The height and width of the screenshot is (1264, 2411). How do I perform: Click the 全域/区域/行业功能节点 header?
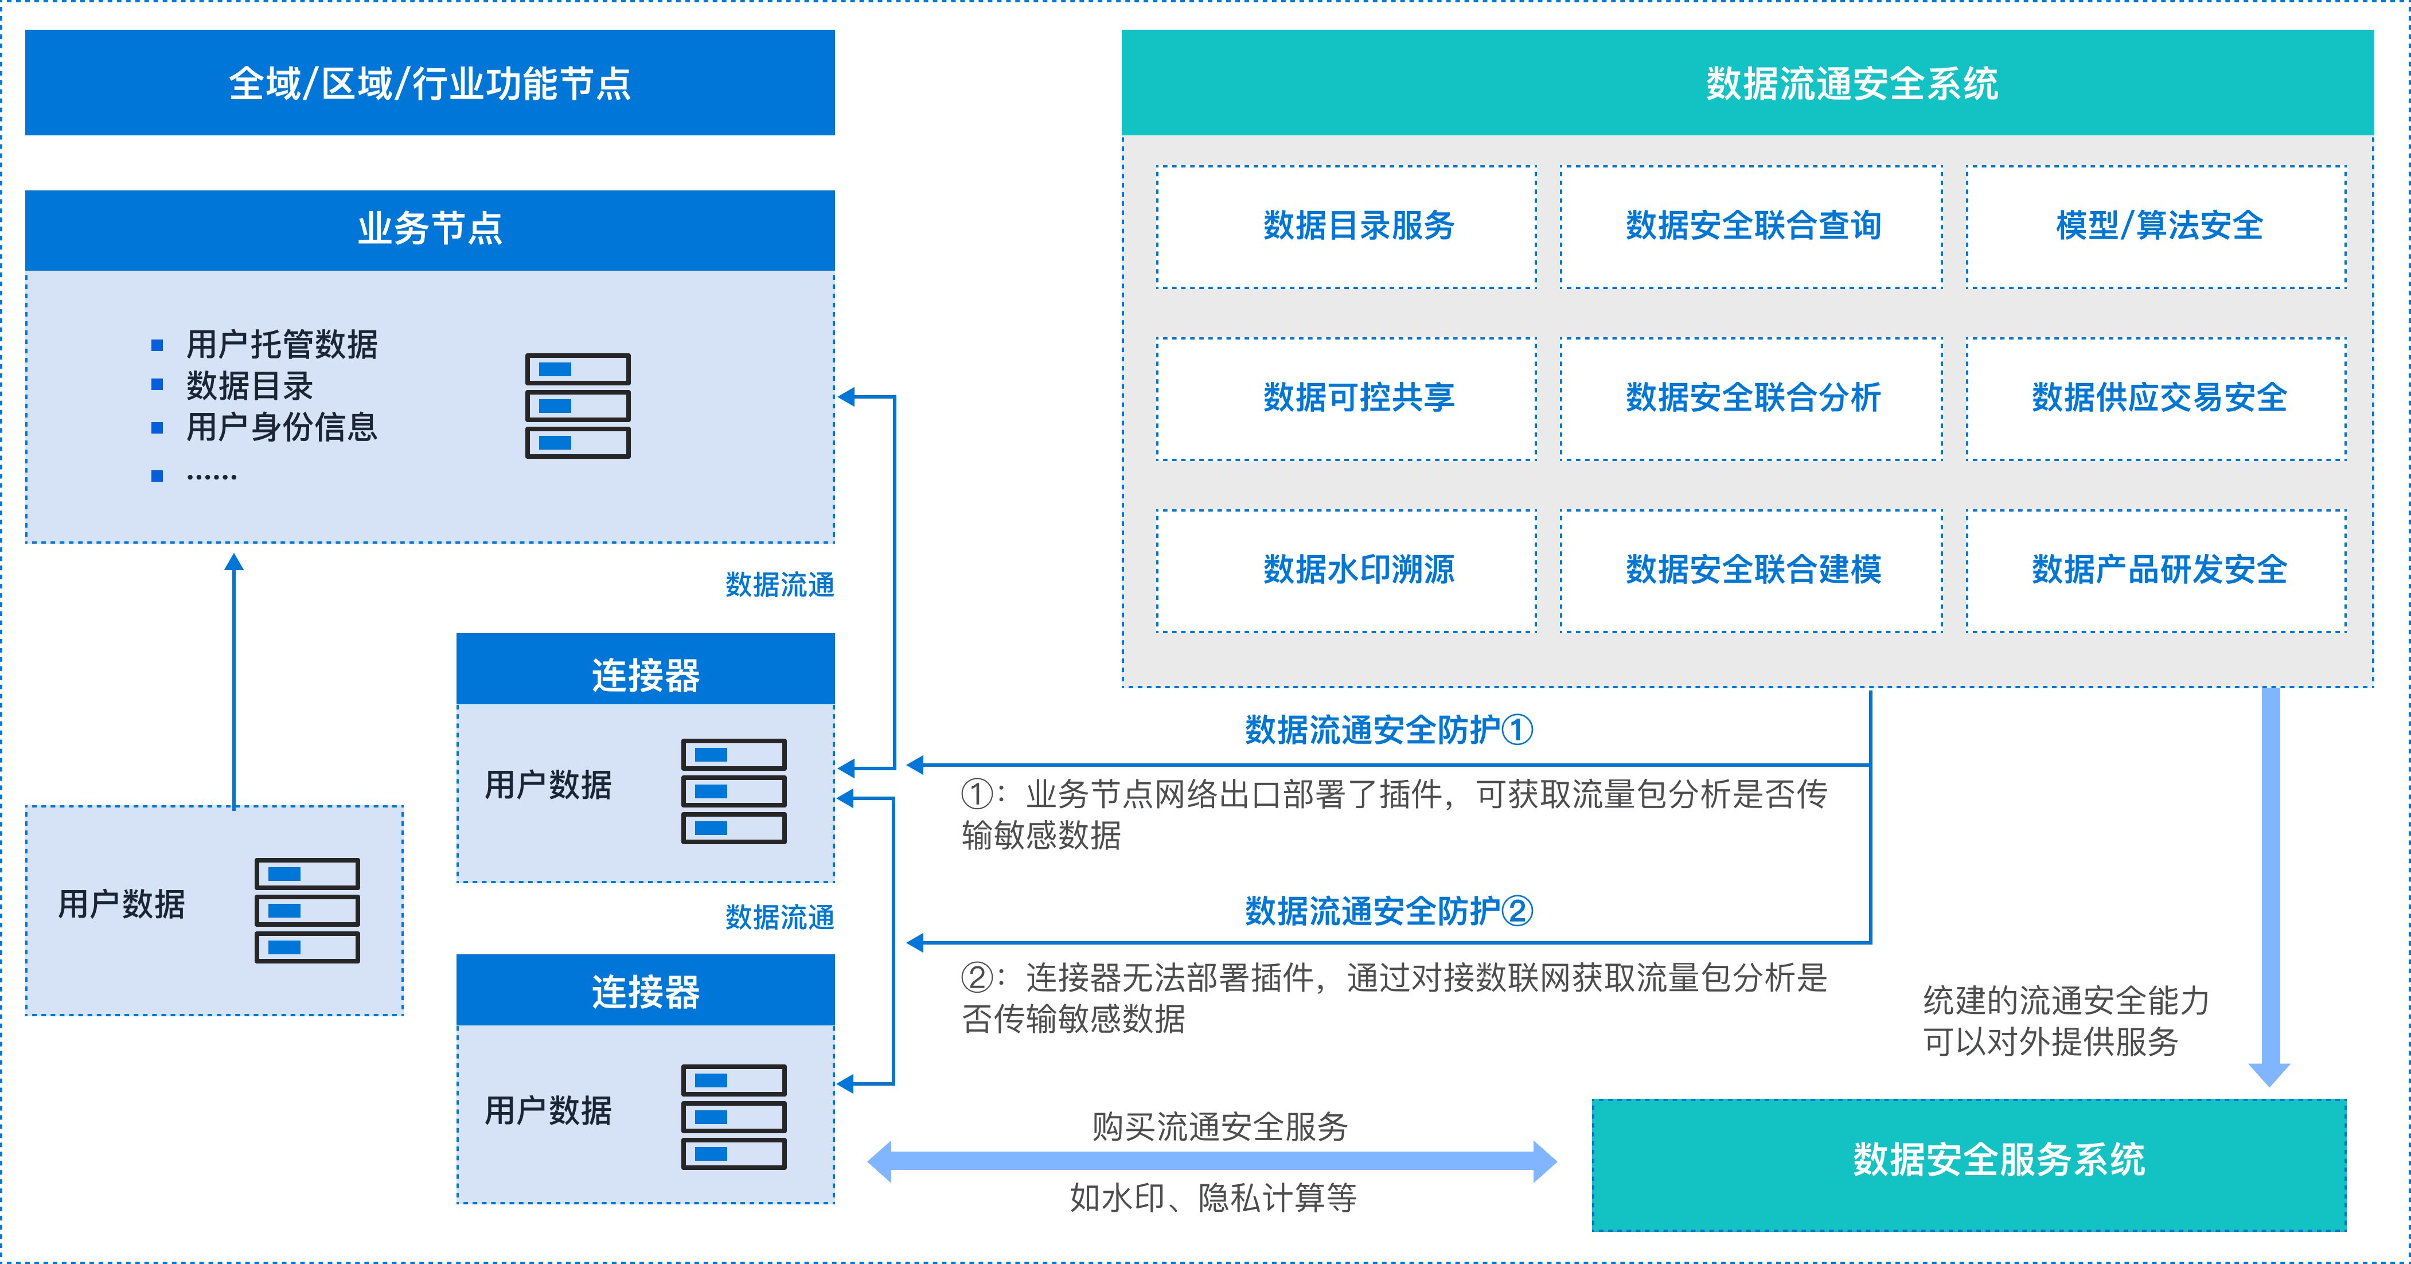point(430,83)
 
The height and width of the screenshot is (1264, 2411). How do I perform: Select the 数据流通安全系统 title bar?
point(1746,83)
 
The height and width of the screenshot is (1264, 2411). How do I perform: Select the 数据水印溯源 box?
point(1346,571)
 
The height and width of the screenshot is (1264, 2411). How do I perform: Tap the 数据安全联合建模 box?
point(1751,571)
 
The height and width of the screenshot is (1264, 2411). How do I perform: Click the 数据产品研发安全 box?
point(2155,571)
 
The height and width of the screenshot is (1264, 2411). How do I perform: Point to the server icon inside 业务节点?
point(578,405)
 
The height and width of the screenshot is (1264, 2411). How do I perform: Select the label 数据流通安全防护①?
point(1388,729)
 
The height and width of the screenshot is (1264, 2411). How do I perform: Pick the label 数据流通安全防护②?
point(1388,910)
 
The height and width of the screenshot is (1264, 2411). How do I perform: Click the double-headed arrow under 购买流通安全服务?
point(1212,1161)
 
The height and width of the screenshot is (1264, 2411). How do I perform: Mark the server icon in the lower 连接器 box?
point(734,1116)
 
